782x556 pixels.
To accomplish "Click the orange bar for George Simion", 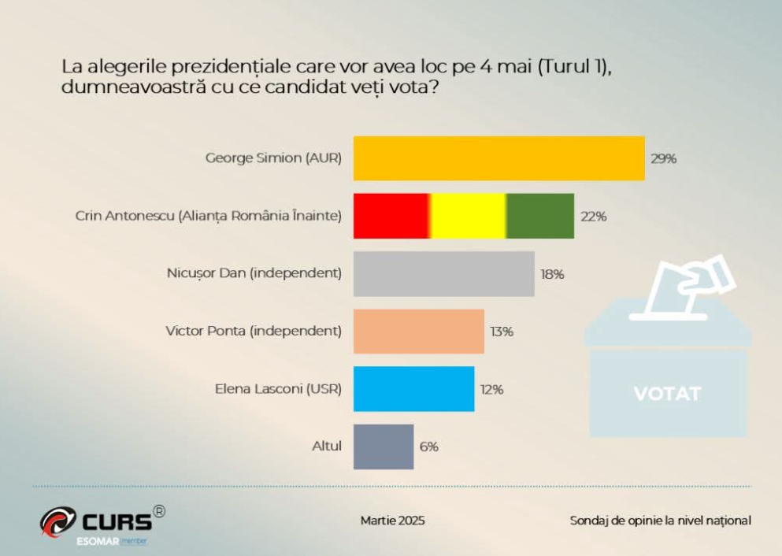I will coord(498,158).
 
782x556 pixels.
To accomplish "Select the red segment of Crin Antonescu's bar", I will coord(391,216).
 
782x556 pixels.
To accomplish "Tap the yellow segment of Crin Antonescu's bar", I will coord(468,216).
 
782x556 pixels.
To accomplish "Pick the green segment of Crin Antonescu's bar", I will coord(540,216).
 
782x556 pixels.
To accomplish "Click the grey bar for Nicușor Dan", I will coord(443,274).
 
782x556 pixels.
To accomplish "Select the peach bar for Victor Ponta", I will coord(418,332).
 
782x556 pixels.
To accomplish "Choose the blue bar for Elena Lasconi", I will coord(413,389).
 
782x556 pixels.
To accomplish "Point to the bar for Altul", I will coord(383,447).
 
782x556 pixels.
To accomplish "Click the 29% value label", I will coord(663,158).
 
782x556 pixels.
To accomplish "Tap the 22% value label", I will coord(593,217).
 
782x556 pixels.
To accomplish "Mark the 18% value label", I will coord(552,274).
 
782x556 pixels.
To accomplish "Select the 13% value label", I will coord(502,332).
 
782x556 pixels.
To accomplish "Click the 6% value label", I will coord(428,447).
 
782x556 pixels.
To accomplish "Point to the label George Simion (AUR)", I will coord(273,158).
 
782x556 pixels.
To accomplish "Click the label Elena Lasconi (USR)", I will coord(278,388).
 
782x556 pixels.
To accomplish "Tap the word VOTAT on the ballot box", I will coord(666,393).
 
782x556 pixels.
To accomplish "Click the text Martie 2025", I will coord(392,521).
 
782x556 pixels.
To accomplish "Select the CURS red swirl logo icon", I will coord(57,521).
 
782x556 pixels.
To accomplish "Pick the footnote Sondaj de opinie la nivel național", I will coord(660,521).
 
